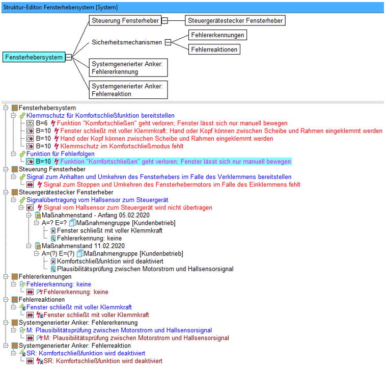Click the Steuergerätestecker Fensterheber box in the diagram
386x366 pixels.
[235, 20]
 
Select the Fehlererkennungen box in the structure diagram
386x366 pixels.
[217, 35]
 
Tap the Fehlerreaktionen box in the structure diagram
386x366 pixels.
[214, 49]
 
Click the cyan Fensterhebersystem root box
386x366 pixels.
[34, 57]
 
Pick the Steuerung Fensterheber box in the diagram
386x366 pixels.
[125, 20]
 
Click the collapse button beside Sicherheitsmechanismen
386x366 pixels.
[168, 42]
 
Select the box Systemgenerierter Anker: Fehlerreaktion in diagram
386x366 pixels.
[128, 90]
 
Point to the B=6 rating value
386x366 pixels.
[42, 123]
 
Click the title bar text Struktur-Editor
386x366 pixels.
[22, 8]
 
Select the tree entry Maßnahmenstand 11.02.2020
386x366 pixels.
[83, 246]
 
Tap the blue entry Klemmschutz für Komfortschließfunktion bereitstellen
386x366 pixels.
[100, 115]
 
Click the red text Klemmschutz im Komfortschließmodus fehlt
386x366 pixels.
[122, 146]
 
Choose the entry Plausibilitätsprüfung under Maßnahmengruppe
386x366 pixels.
[145, 269]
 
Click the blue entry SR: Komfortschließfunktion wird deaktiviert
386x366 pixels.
[86, 353]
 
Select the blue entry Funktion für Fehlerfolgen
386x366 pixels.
[61, 154]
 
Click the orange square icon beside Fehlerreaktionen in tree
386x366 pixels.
[15, 299]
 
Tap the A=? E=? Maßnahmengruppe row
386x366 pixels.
[108, 223]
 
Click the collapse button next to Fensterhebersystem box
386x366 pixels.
[69, 57]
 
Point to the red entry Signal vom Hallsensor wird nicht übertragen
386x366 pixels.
[128, 207]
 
